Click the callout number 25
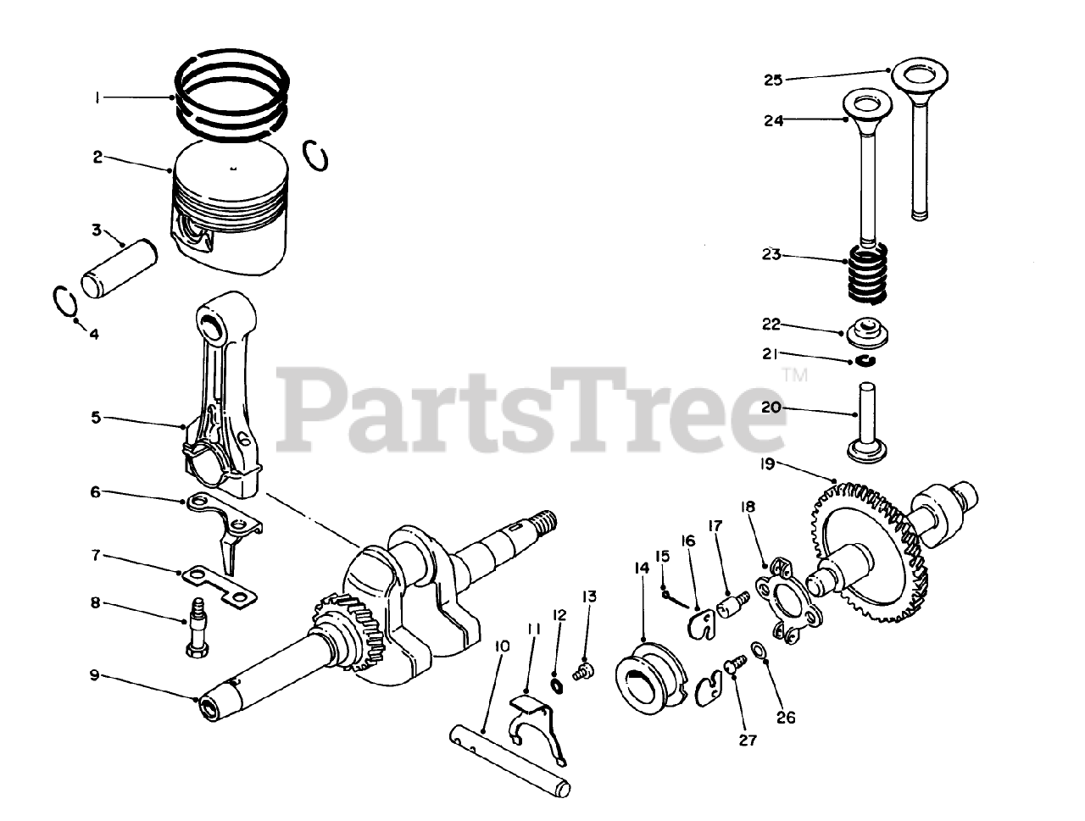click(x=773, y=80)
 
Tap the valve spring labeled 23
click(x=867, y=280)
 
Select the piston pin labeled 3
click(x=120, y=268)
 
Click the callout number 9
click(x=94, y=674)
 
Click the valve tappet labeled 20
click(x=867, y=424)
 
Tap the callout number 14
click(x=642, y=568)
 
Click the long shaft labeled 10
click(x=509, y=760)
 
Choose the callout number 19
click(x=768, y=464)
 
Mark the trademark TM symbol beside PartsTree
click(x=795, y=375)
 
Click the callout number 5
click(x=96, y=418)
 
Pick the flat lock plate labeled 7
click(x=220, y=586)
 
